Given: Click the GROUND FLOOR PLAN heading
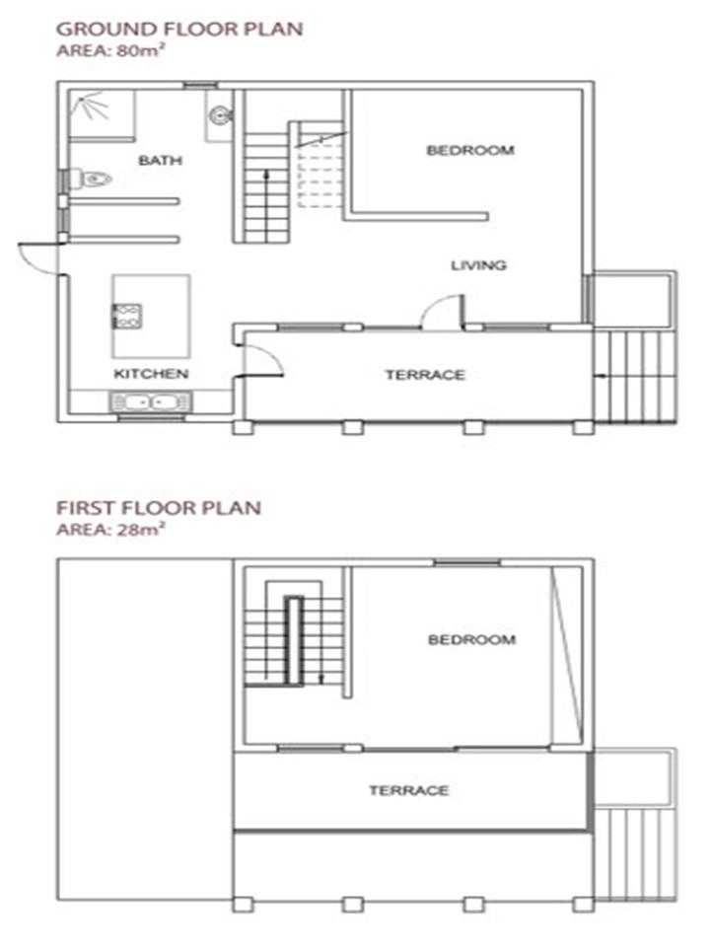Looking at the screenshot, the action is point(179,29).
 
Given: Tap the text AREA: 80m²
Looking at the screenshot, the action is point(111,50).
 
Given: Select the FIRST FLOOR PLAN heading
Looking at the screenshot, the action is point(159,508).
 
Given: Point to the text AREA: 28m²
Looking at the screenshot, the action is point(111,530).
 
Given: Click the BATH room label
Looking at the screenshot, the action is point(160,160).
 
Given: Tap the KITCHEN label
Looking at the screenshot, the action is point(151,374).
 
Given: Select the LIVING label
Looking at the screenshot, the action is point(479,265).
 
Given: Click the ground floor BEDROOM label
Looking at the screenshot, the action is point(470,150).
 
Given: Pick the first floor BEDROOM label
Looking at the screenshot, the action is point(471,639).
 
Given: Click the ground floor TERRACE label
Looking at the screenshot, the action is point(425,375).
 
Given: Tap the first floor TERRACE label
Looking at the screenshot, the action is point(408,790).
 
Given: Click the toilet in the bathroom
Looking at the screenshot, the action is point(91,180).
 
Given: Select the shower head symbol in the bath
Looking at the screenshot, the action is point(89,108).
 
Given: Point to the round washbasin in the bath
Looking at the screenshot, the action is point(220,114).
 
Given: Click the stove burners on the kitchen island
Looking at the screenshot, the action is point(127,317).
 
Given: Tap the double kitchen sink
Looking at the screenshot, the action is point(151,401).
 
